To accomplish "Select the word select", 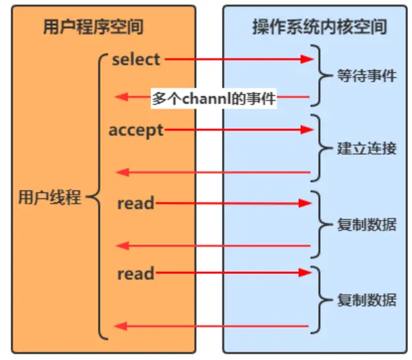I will point(136,60).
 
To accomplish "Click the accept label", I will point(136,130).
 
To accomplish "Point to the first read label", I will point(136,203).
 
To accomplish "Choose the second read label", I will point(136,273).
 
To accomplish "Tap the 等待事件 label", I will point(366,75).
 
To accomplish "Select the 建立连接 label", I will point(366,148).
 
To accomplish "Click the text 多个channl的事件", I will point(213,99).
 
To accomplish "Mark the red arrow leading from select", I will point(238,60).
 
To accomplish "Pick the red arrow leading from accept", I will point(238,130).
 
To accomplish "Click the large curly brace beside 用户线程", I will point(97,197).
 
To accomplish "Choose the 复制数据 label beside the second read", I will point(366,299).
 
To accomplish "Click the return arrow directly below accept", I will point(212,173).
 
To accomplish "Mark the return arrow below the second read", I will point(212,325).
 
